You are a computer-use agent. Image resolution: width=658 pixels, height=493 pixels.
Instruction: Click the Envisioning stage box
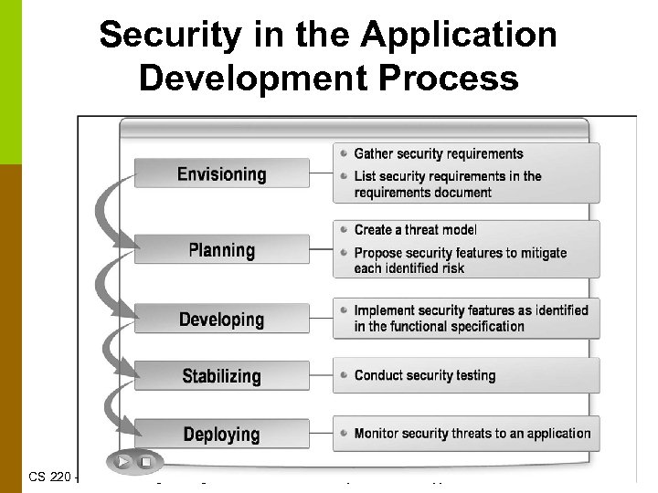[x=221, y=173]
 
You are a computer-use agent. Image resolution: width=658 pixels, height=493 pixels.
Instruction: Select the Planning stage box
[x=221, y=249]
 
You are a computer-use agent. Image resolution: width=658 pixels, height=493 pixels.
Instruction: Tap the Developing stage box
[x=221, y=320]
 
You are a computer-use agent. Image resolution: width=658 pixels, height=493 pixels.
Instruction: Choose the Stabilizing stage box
[x=221, y=376]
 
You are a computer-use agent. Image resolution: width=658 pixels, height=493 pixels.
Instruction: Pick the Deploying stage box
[x=221, y=434]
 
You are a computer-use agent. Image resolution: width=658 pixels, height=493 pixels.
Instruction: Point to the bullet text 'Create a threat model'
[x=415, y=230]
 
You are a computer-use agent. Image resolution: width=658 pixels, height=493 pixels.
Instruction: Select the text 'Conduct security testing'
[x=425, y=375]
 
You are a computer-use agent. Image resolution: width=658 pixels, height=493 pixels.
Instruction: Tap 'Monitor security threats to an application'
[x=472, y=434]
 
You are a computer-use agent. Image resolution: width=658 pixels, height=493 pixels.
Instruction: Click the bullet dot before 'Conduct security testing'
[x=341, y=375]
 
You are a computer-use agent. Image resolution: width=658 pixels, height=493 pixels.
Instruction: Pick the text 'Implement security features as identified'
[x=472, y=311]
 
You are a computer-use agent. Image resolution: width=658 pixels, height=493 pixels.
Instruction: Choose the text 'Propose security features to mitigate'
[x=461, y=253]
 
